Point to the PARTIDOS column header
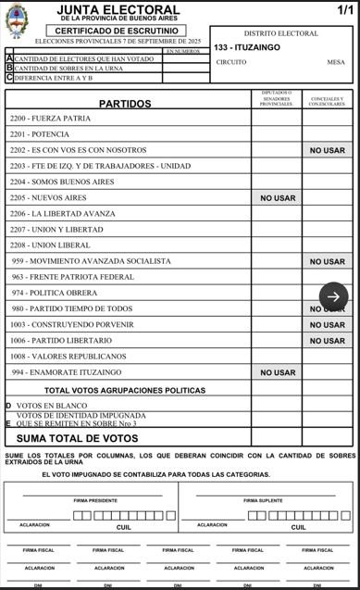click(x=125, y=104)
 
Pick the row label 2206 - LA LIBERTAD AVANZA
click(x=62, y=214)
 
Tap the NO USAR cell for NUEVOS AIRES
click(x=277, y=198)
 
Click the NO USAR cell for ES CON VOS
click(x=327, y=150)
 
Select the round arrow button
click(x=334, y=296)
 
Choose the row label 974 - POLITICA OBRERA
click(x=55, y=293)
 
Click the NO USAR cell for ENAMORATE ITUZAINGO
click(x=277, y=372)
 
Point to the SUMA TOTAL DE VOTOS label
click(x=78, y=438)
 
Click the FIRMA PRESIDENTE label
click(x=95, y=500)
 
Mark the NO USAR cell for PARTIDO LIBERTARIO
click(x=327, y=341)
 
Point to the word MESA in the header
click(x=335, y=63)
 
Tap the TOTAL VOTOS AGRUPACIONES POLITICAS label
click(x=125, y=391)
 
